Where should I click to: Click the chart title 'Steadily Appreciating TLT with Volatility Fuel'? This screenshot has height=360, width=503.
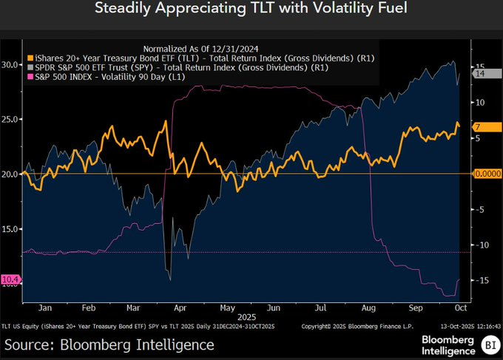pyautogui.click(x=251, y=10)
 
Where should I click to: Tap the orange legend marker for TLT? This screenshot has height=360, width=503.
pyautogui.click(x=30, y=58)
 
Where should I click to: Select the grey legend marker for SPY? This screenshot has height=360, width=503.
pyautogui.click(x=30, y=68)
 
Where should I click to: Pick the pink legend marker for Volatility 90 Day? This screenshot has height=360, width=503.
pyautogui.click(x=30, y=78)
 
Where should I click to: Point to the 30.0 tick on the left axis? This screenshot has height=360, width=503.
pyautogui.click(x=10, y=64)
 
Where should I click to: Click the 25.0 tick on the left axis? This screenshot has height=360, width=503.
pyautogui.click(x=10, y=119)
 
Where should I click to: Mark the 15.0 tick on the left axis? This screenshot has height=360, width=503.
pyautogui.click(x=10, y=228)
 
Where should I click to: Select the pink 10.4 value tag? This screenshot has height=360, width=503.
pyautogui.click(x=11, y=279)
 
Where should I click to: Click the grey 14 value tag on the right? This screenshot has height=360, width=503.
pyautogui.click(x=479, y=74)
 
